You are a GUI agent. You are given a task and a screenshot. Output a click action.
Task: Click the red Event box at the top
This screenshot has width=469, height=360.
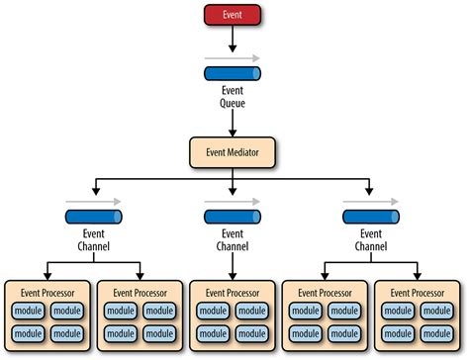[234, 15]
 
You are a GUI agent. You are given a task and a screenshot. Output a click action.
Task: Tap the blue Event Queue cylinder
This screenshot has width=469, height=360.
[234, 74]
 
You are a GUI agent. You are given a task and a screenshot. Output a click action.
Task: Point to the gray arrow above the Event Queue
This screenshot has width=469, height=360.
[234, 58]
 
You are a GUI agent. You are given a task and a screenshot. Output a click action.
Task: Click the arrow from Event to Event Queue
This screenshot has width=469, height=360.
[234, 39]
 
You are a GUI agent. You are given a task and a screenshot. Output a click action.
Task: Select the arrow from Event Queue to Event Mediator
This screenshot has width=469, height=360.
[234, 123]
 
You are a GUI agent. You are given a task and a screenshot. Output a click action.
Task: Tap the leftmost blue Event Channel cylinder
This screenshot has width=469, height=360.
[94, 218]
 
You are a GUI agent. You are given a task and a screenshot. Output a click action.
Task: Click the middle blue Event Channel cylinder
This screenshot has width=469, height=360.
[234, 218]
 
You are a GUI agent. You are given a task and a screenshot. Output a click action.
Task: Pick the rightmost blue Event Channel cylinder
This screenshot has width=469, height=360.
[372, 218]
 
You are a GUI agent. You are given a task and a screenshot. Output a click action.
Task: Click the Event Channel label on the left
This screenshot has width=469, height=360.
[94, 241]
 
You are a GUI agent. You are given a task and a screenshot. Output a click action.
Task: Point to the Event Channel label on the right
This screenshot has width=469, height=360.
[372, 241]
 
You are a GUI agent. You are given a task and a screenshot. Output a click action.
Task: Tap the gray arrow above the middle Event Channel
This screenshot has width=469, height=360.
[234, 202]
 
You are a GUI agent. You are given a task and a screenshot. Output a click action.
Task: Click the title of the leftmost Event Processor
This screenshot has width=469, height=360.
[47, 294]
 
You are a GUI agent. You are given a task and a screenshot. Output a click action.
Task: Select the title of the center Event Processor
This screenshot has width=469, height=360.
[234, 294]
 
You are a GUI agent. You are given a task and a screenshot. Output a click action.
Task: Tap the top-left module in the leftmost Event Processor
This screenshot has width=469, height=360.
[29, 312]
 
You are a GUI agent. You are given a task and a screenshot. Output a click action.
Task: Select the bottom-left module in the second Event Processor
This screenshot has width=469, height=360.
[122, 335]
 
